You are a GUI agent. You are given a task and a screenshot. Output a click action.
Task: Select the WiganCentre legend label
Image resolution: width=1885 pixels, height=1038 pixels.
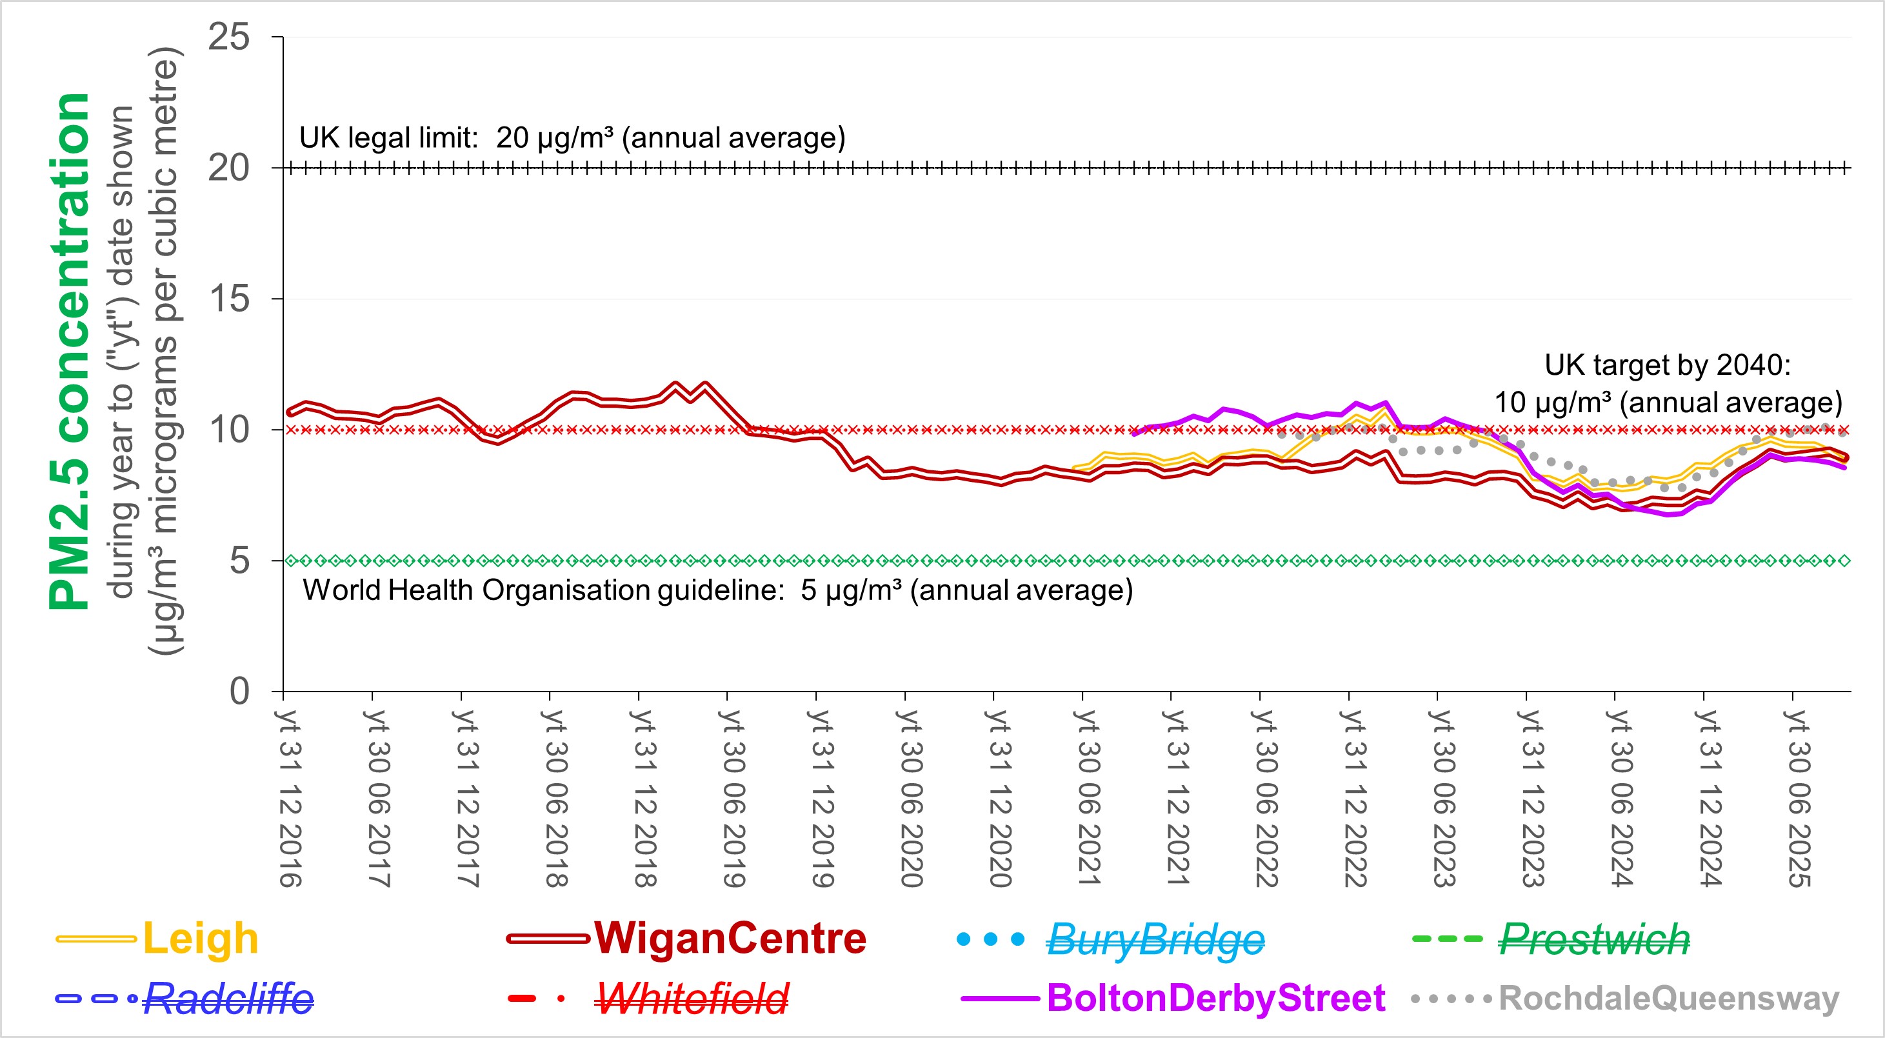point(730,939)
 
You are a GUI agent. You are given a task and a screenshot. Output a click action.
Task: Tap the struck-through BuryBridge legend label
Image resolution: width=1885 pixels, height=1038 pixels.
point(1155,940)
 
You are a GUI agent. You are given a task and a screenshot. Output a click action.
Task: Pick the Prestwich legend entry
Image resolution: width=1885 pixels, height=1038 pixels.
point(1595,939)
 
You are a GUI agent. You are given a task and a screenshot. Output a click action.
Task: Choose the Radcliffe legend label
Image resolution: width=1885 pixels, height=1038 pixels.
point(228,999)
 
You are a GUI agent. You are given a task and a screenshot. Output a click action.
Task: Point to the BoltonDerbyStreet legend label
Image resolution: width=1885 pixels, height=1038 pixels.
point(1215,999)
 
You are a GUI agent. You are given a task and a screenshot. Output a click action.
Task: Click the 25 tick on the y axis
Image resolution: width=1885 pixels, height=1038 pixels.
point(229,37)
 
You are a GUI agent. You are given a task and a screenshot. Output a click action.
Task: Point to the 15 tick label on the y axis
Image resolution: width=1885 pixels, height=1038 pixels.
point(229,299)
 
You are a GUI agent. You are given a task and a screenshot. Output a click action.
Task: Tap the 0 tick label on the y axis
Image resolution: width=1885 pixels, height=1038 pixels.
point(239,691)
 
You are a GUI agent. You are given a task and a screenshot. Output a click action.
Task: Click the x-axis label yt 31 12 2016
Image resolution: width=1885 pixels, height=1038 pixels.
point(290,798)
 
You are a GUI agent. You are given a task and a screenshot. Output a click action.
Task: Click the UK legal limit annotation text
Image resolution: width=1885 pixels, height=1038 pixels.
point(572,137)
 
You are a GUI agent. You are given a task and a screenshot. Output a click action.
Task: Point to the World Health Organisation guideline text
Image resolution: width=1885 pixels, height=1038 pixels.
point(717,590)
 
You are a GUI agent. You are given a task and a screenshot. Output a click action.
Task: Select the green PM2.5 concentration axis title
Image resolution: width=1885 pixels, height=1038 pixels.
point(69,352)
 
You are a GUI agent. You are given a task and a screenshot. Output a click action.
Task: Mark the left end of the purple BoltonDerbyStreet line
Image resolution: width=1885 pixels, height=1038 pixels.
point(1133,434)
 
